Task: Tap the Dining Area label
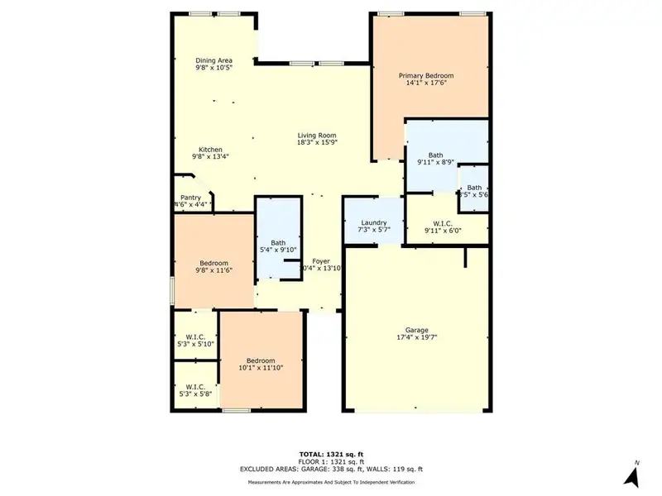click(213, 60)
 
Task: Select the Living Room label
click(317, 136)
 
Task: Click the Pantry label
click(191, 198)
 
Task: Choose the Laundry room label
click(374, 222)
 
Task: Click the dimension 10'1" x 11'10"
click(261, 368)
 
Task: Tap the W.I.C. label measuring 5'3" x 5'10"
click(195, 336)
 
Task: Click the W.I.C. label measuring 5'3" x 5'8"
click(195, 386)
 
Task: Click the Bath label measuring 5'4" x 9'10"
click(278, 242)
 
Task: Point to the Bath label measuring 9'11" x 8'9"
click(435, 155)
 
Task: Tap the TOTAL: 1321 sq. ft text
click(331, 455)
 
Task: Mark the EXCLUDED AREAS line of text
click(331, 469)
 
